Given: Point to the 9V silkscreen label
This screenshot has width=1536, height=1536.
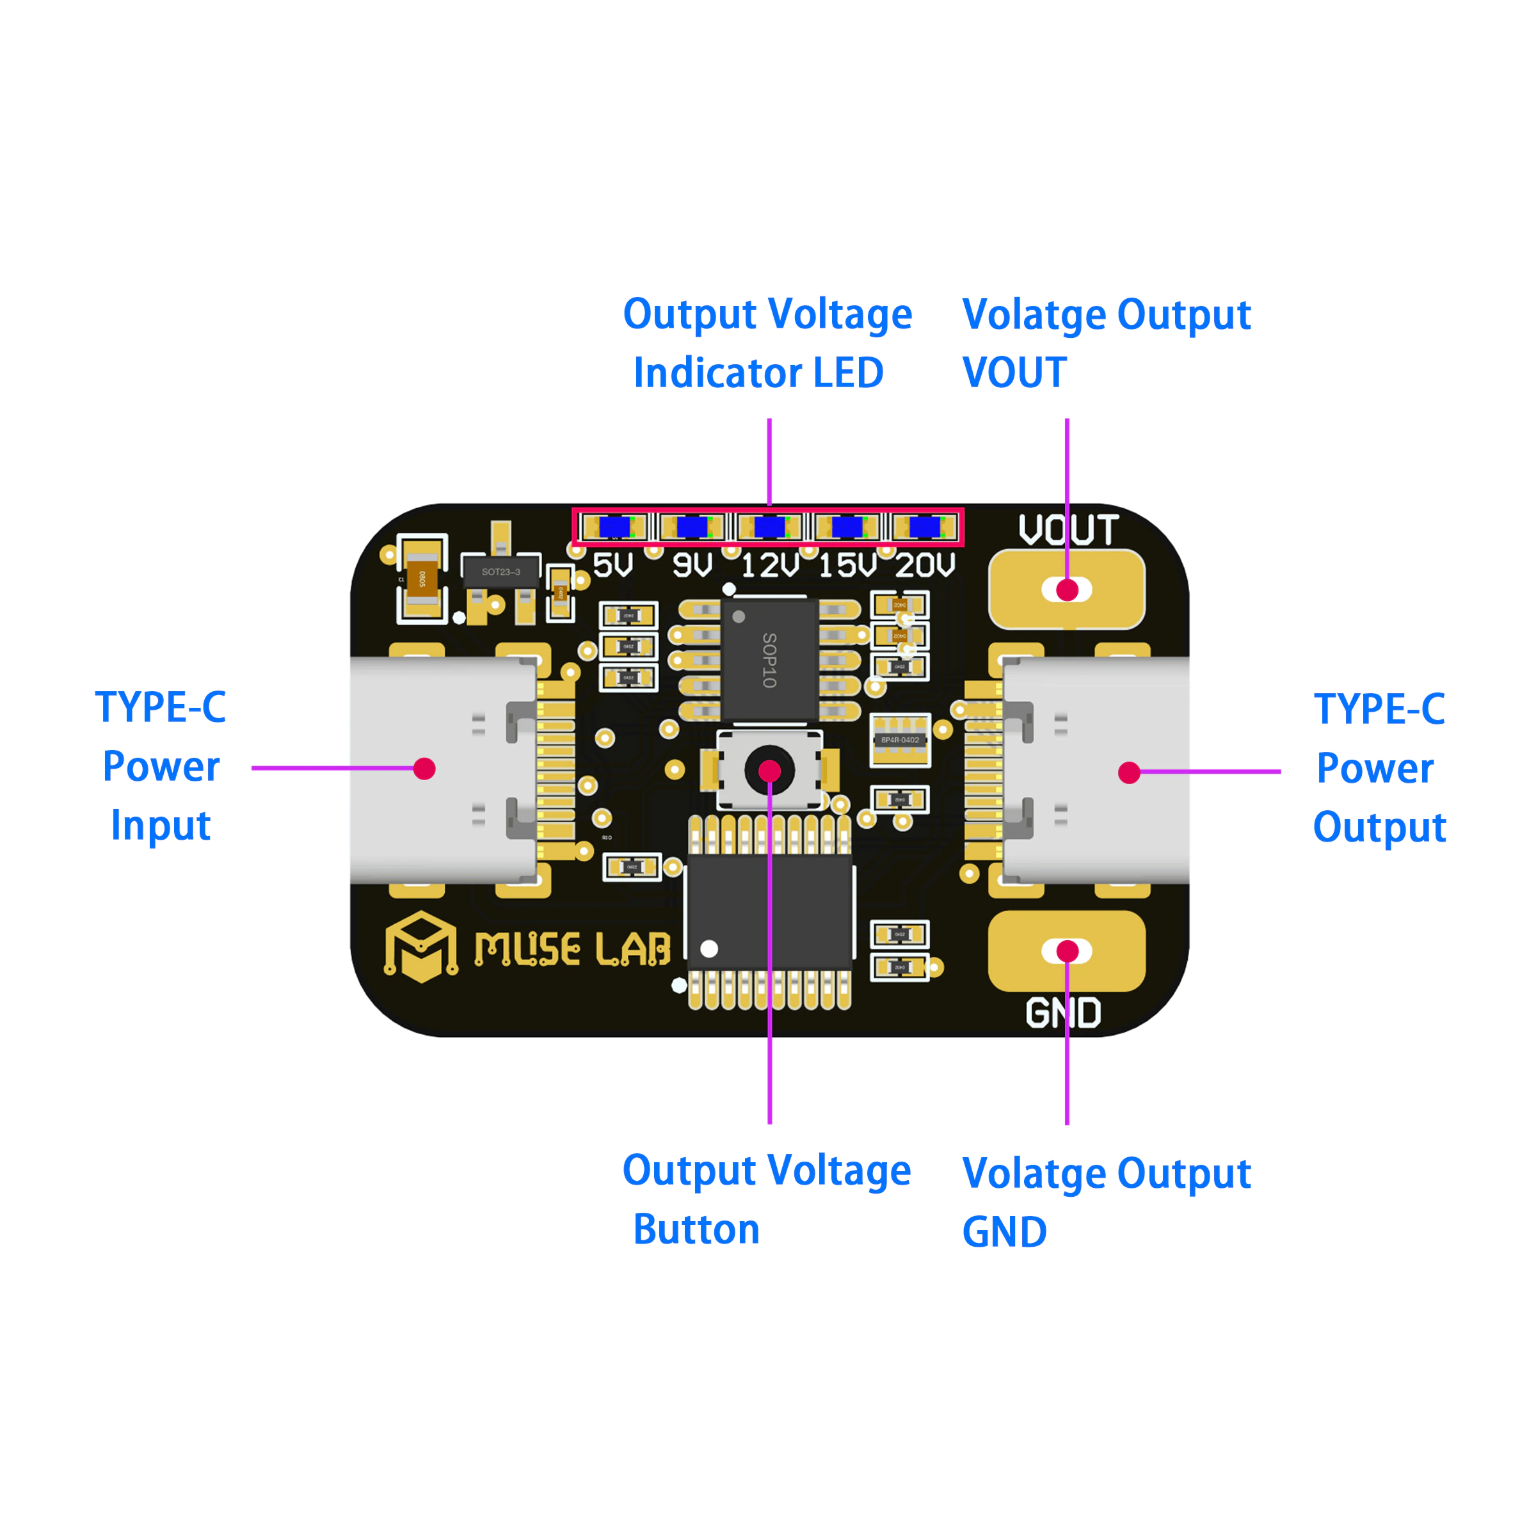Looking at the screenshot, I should [x=692, y=565].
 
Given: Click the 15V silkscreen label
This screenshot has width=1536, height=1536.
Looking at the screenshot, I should [x=847, y=565].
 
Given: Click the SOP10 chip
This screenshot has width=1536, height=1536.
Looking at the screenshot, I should [x=769, y=659].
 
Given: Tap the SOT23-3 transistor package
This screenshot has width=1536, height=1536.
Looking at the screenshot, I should [x=501, y=572].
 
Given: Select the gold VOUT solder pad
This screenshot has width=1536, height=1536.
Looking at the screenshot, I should [x=1066, y=589].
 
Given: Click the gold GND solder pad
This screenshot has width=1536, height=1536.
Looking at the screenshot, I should [x=1066, y=951].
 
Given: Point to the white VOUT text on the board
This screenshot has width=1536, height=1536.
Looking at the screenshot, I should [x=1069, y=529].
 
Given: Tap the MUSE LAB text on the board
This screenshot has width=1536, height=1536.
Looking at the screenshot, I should [x=572, y=948].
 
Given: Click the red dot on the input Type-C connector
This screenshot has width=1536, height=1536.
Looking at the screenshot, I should [x=424, y=769].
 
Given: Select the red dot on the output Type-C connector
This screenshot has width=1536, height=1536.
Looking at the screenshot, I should [x=1129, y=772].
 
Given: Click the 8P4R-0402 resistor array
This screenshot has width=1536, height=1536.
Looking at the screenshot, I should [x=899, y=739].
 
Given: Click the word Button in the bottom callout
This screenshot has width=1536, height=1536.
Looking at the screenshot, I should [x=696, y=1229].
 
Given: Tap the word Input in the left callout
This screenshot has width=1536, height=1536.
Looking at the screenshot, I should [x=161, y=824].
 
